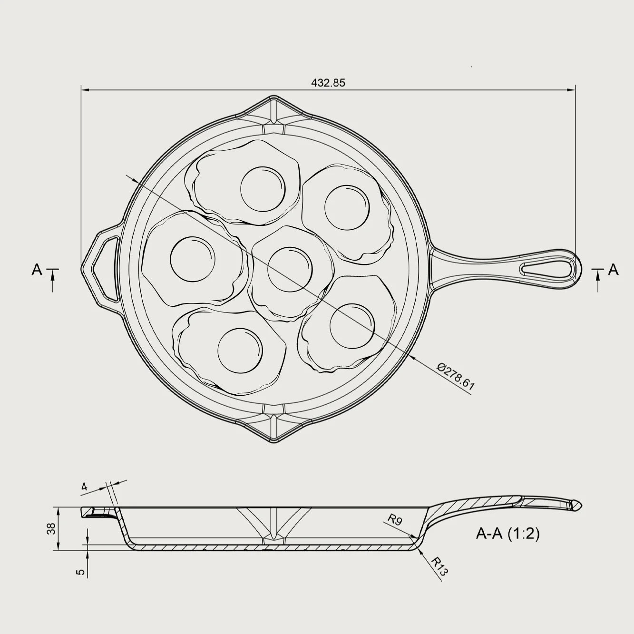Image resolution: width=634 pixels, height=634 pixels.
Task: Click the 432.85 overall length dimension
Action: click(328, 82)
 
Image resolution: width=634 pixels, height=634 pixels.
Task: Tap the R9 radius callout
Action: click(395, 520)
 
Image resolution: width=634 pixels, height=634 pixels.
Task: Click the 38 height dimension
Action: click(51, 528)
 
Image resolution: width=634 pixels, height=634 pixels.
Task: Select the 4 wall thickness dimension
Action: click(85, 486)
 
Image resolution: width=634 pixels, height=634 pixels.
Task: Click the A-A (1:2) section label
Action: click(507, 534)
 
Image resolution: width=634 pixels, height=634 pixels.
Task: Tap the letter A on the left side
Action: click(37, 270)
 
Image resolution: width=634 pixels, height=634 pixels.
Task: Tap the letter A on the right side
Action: click(614, 270)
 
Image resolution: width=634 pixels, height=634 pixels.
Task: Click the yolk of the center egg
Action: click(290, 269)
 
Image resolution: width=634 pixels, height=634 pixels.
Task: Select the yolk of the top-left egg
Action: click(264, 189)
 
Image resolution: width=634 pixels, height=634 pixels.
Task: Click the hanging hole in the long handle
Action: click(547, 269)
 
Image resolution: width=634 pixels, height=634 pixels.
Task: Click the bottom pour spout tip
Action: click(274, 441)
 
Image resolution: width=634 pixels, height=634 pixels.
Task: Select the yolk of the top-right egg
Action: click(347, 207)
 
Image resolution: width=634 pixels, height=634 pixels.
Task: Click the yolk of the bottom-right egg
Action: click(352, 326)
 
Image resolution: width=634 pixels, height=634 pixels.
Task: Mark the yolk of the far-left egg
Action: click(192, 259)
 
